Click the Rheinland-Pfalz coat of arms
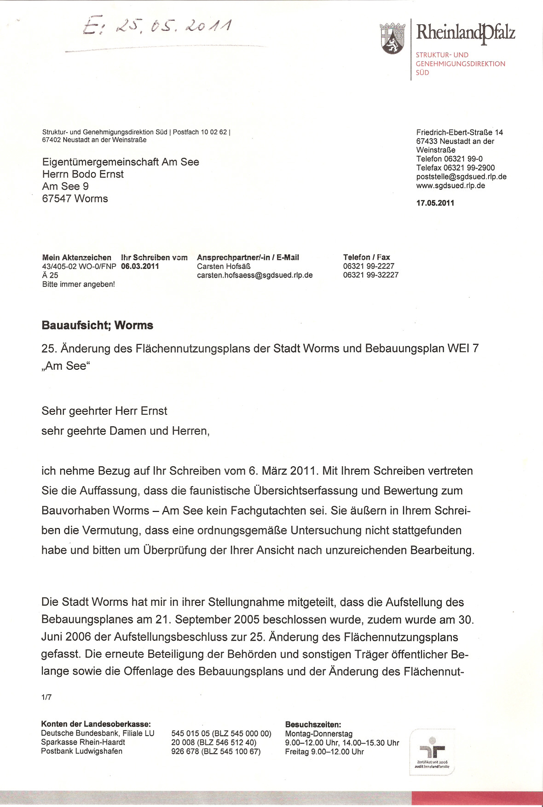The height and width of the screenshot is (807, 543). pos(392,38)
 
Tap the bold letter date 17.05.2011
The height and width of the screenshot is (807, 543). pos(435,203)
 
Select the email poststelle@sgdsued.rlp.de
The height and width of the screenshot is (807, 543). pos(461,177)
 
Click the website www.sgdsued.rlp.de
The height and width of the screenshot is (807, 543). pos(451,186)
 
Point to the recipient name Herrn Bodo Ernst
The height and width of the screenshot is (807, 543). pos(83,174)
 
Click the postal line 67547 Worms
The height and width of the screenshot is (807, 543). pos(75,199)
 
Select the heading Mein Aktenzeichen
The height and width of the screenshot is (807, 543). pos(76,257)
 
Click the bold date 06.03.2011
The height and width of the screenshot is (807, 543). pos(140,266)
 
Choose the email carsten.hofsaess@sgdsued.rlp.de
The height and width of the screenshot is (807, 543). pos(254,275)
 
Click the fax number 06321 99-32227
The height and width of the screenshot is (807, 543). pos(370,275)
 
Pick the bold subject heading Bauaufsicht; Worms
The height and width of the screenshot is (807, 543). pos(97,325)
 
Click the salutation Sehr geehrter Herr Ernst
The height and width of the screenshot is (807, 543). pos(104,411)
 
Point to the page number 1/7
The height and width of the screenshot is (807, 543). pos(46,697)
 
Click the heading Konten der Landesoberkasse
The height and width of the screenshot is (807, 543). pos(96,724)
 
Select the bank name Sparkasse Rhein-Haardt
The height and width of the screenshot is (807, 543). pos(83,742)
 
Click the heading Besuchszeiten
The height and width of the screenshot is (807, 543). pos(313,724)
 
